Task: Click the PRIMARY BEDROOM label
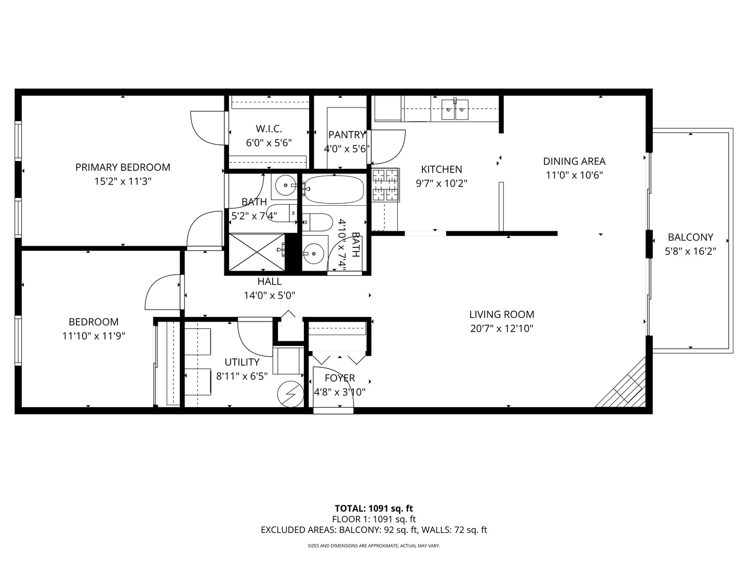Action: pos(123,167)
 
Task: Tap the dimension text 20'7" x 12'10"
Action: pos(501,328)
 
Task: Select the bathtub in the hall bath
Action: pos(334,190)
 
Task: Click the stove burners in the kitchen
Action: pos(385,185)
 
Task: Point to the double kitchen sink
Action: pos(455,110)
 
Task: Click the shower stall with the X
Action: pos(257,252)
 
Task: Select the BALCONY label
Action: pos(690,237)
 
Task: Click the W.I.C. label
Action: pos(269,129)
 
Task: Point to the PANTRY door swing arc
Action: pos(389,146)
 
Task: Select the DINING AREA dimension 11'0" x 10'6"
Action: pos(574,175)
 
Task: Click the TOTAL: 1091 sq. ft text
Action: pos(373,509)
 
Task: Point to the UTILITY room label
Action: pos(242,362)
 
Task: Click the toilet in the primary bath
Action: pos(280,213)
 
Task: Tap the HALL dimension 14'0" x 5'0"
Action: pos(269,296)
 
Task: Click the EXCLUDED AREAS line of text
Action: pos(373,530)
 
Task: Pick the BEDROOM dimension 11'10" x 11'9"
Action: pos(94,336)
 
